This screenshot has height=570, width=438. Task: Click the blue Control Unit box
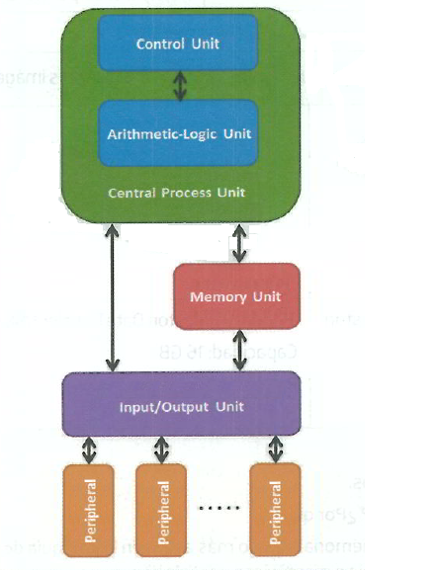click(x=179, y=44)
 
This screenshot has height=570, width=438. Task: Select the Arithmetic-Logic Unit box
click(x=179, y=131)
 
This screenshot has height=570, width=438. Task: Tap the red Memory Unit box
click(x=235, y=295)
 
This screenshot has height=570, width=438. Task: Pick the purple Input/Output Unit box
click(x=180, y=404)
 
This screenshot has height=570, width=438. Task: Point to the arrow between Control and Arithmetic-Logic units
click(x=179, y=86)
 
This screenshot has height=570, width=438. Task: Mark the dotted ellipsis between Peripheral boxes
click(x=218, y=510)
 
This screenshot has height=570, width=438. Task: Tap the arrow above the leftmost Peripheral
click(x=90, y=449)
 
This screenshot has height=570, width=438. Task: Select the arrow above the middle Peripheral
click(x=162, y=449)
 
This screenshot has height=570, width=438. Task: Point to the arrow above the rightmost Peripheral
click(x=274, y=449)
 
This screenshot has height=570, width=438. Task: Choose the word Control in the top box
click(x=160, y=44)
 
